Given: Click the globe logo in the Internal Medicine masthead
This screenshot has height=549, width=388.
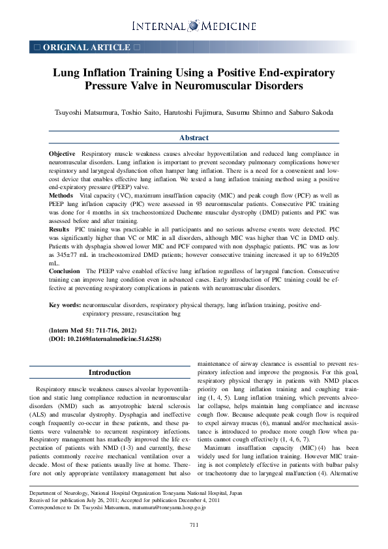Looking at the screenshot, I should [193, 25].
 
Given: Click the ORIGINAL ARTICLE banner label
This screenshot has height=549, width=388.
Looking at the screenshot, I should [86, 48].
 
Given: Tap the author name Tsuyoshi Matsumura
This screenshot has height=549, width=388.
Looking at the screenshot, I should [84, 112].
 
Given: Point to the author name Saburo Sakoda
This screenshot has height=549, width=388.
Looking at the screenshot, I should [313, 112].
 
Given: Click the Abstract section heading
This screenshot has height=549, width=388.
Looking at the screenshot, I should [194, 138].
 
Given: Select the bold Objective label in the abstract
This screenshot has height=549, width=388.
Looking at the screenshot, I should [63, 153].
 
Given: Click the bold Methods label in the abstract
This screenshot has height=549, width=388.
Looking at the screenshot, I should [61, 195].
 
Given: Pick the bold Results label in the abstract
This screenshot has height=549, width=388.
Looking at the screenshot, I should [60, 230].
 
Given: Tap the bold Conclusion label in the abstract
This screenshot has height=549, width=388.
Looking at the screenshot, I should [65, 271].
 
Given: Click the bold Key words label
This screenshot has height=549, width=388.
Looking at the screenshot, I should [65, 305].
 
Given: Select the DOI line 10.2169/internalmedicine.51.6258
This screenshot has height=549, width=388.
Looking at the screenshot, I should [105, 339].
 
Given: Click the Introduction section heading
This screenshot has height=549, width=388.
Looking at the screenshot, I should [110, 372].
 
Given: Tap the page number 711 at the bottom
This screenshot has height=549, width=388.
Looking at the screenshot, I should [194, 525].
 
